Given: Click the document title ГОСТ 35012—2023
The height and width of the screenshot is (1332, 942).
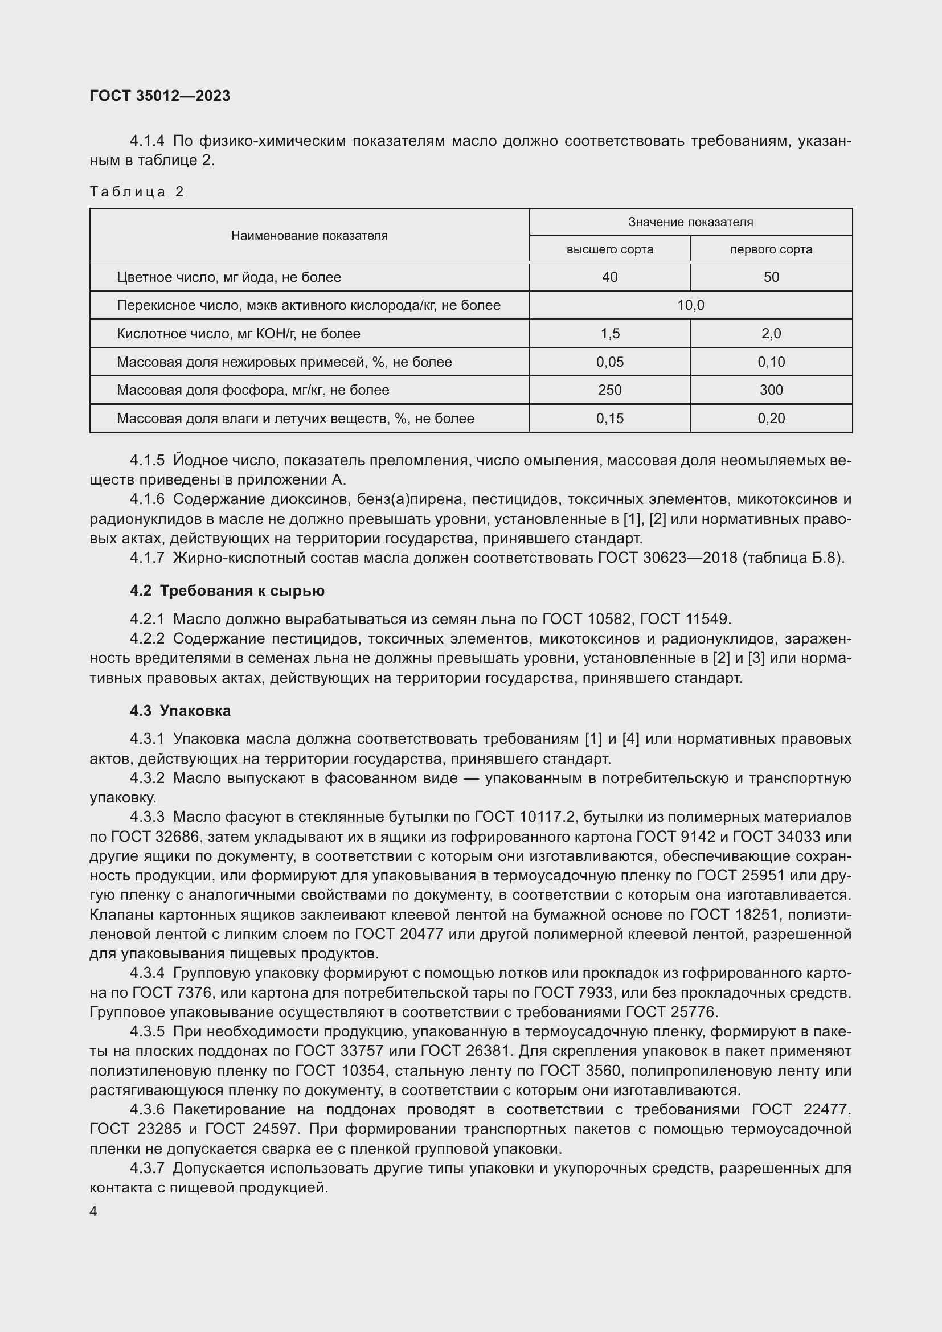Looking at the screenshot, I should coord(160,96).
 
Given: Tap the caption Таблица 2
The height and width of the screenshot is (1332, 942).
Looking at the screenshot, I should coord(137,192).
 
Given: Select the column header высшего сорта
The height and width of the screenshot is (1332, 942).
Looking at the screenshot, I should coord(609,249).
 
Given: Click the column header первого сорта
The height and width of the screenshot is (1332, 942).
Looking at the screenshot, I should coord(771,249).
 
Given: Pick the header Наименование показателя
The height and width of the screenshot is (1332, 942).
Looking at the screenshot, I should coord(309,236).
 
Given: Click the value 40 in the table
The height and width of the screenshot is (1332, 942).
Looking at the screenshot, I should coord(609,277).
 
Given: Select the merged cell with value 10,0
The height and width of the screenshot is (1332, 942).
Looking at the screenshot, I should coord(690,305).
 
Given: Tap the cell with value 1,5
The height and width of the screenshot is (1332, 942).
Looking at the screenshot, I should coord(609,334).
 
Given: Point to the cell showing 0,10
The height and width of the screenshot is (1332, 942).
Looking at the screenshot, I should coord(771,362).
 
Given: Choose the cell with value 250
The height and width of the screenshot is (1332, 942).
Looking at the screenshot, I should coord(609,390).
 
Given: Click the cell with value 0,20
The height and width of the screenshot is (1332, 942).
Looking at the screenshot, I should coord(771,419).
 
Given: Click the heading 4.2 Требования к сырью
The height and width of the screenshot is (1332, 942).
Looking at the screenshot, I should coord(227,591).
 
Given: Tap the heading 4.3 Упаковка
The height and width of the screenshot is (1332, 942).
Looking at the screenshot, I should coord(180,711).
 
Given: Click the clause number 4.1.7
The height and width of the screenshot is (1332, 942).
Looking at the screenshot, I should coord(148,558).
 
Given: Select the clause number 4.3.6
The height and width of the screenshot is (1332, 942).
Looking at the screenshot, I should coord(148,1109).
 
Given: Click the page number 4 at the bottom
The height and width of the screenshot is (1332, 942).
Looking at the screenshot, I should coord(93,1212).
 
